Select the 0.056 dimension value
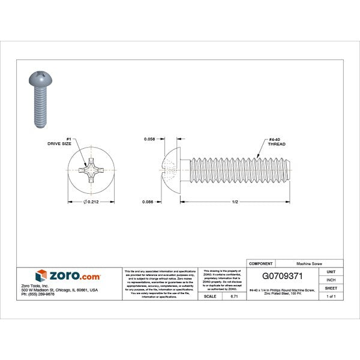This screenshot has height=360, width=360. point(151,139)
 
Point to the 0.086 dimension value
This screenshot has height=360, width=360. point(150,202)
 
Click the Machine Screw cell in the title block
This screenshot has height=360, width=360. point(308,263)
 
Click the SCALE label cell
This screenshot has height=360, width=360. point(210,296)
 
